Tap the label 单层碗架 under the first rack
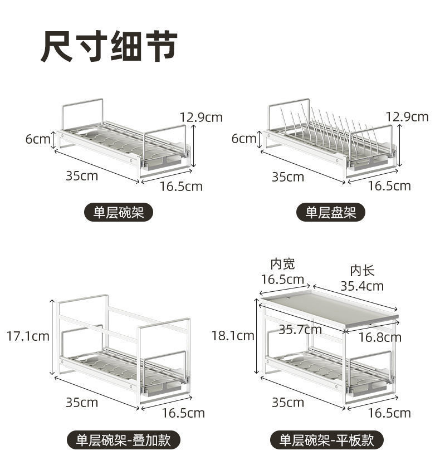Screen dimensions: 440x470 [118, 212]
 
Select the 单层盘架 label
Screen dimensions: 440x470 [330, 212]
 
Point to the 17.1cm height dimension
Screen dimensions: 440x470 [27, 336]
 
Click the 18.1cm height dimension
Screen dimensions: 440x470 [233, 335]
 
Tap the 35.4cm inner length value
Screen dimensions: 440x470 [362, 286]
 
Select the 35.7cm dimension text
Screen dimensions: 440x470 [300, 329]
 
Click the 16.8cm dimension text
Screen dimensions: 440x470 [380, 337]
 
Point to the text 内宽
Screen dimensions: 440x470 [282, 263]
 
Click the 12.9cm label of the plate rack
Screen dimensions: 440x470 [407, 116]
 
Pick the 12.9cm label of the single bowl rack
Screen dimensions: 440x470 [201, 117]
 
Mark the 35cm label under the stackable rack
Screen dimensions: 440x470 [82, 402]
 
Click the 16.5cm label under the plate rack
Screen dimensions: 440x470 [389, 185]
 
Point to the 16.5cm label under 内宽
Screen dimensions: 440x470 [282, 279]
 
